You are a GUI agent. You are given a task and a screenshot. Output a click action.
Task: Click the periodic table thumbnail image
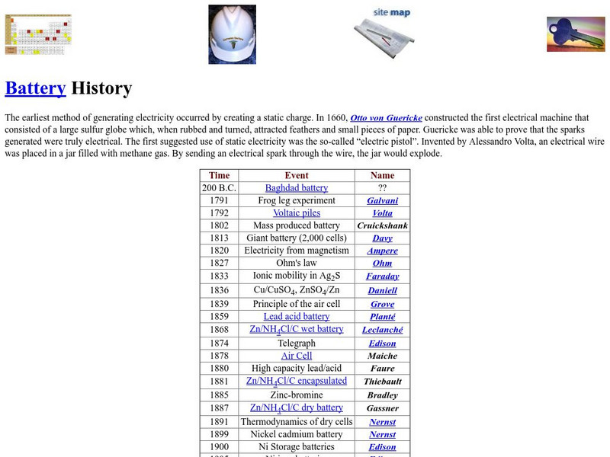(x=37, y=34)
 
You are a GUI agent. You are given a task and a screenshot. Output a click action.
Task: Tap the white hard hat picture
(x=232, y=34)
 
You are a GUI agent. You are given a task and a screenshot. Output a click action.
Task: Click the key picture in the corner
(x=575, y=34)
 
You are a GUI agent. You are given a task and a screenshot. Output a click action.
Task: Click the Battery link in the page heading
(x=35, y=88)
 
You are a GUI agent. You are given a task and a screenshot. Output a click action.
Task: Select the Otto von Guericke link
(x=386, y=118)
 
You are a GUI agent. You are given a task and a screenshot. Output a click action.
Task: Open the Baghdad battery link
(x=297, y=188)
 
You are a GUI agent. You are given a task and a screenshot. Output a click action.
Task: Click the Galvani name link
(x=382, y=201)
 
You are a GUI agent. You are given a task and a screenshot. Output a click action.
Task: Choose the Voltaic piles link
(x=297, y=213)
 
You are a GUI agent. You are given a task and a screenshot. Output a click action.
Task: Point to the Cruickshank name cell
(x=382, y=226)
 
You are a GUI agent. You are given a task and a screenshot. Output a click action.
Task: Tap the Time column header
(x=219, y=175)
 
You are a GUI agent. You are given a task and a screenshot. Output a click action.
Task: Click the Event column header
(x=297, y=175)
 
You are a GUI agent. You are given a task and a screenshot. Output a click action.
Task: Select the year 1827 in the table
(x=219, y=264)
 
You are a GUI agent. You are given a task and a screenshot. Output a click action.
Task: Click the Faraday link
(x=382, y=276)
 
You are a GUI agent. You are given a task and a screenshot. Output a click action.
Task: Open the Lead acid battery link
(x=297, y=317)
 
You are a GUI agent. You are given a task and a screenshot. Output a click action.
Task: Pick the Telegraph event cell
(x=297, y=344)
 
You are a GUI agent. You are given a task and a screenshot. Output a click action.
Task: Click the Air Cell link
(x=297, y=356)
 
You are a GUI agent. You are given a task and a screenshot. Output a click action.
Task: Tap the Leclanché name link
(x=382, y=331)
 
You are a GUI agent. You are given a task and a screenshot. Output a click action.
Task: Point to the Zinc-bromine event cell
(x=297, y=395)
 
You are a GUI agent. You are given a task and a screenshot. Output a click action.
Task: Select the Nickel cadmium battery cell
(x=297, y=434)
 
